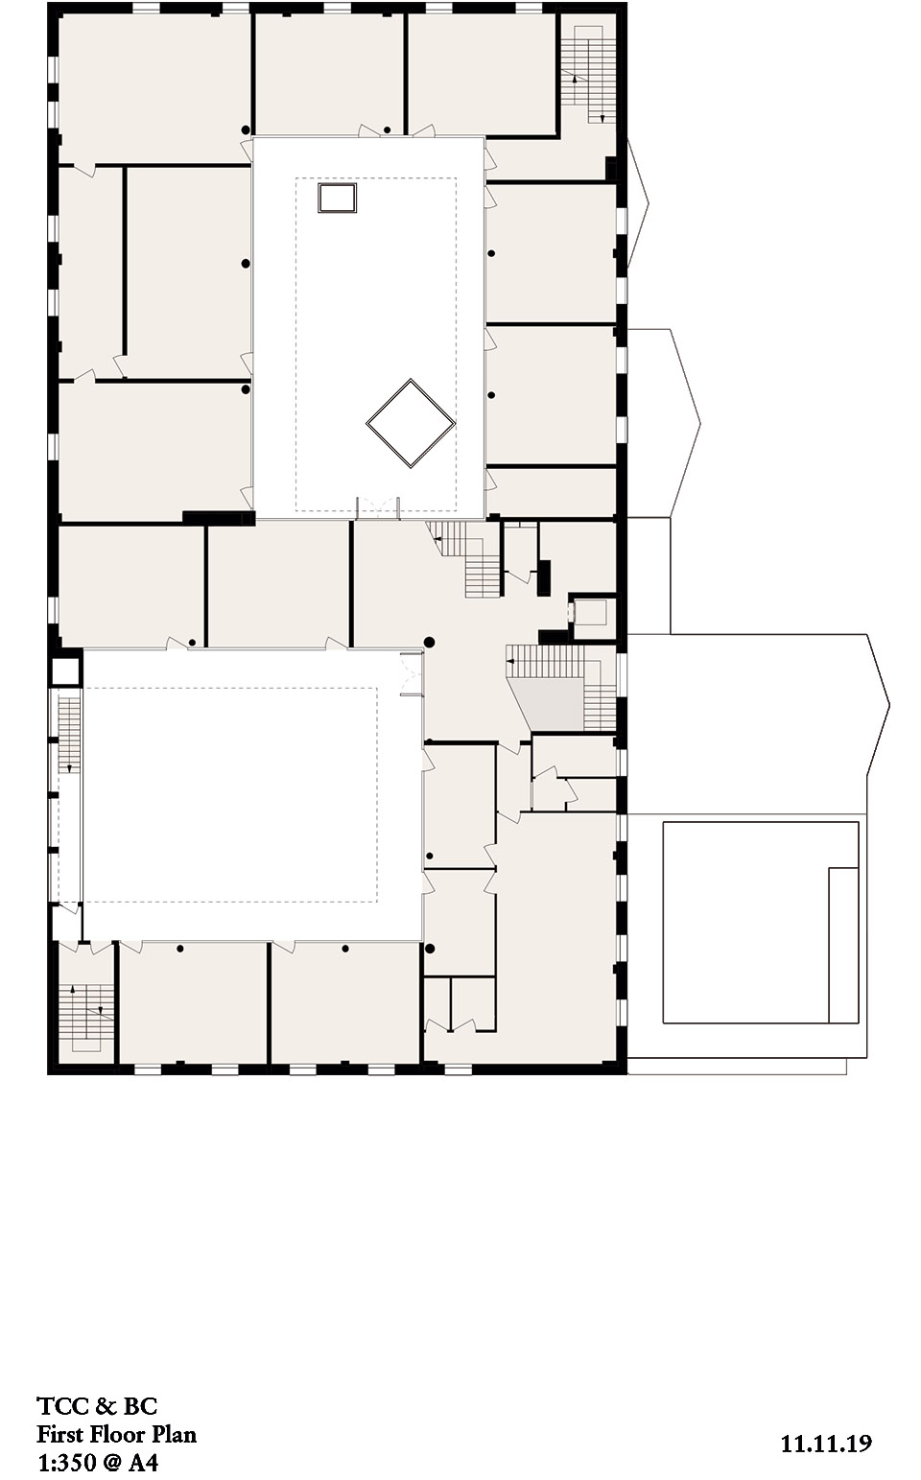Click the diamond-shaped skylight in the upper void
coord(410,424)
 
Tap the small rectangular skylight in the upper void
coord(338,198)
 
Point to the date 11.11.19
coord(826,1443)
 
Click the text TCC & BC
coord(97,1406)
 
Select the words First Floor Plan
coord(116,1435)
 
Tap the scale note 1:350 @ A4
coord(98,1464)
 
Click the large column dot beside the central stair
coord(430,641)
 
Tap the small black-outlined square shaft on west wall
coord(65,670)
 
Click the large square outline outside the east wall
coord(760,922)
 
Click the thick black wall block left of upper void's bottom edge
coord(218,518)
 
